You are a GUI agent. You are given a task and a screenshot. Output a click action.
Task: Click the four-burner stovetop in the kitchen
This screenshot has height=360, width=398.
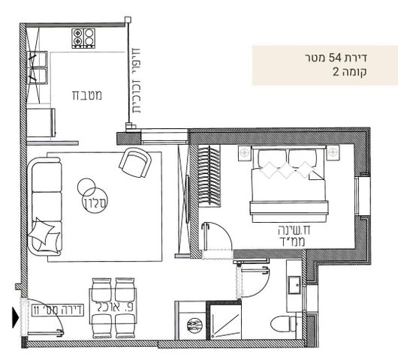[83, 38]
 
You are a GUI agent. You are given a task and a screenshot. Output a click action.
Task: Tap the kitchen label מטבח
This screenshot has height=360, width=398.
[87, 95]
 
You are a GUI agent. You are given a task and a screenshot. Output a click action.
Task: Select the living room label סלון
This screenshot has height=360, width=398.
[95, 202]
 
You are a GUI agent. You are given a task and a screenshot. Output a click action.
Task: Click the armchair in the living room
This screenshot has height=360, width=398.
[135, 163]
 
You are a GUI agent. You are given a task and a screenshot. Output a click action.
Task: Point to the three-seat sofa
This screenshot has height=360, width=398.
[45, 206]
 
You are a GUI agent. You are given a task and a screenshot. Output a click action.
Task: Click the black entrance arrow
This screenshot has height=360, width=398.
[16, 317]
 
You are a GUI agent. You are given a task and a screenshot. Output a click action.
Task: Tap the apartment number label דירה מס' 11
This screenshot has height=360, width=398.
[58, 310]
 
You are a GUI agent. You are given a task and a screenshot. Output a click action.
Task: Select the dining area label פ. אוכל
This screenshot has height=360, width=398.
[114, 307]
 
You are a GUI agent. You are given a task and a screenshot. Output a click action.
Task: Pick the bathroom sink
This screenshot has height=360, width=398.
[294, 285]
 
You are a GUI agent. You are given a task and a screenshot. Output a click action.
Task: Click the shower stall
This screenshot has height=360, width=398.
[225, 321]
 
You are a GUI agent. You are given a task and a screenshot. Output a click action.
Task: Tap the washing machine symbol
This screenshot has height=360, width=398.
[193, 325]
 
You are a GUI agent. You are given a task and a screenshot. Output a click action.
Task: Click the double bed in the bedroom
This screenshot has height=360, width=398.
[288, 184]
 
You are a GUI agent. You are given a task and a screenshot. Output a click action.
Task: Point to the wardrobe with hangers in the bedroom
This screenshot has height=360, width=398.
[209, 175]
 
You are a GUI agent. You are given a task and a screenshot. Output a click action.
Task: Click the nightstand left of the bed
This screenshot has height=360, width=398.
[245, 153]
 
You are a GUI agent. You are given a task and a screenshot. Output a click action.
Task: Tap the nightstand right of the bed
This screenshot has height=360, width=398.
[333, 153]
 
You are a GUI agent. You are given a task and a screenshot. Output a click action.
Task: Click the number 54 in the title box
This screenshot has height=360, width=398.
[335, 58]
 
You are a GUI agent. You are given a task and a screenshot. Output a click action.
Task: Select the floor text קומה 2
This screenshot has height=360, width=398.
[350, 72]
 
